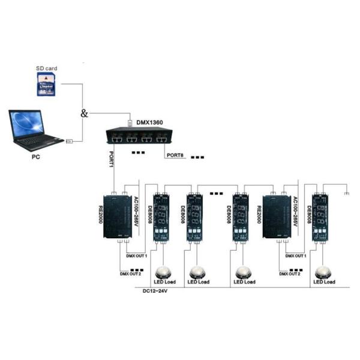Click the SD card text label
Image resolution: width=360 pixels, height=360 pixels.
[46, 69]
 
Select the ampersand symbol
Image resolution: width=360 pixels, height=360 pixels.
[84, 113]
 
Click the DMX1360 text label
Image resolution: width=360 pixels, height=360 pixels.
[150, 122]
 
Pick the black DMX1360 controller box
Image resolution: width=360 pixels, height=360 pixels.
[137, 137]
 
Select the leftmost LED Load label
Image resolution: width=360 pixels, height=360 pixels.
[161, 281]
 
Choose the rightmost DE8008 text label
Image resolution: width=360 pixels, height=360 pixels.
[308, 215]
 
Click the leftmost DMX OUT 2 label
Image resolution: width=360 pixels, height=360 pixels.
[131, 274]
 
